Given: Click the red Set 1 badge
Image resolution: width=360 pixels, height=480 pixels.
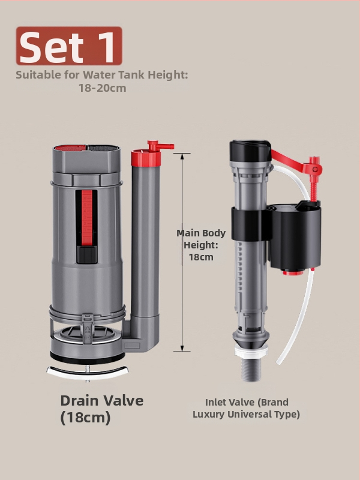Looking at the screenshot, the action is click(x=69, y=46).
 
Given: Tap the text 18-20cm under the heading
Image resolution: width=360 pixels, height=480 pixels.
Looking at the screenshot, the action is click(x=103, y=88).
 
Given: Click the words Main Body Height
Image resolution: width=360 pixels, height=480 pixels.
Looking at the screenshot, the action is click(x=201, y=239).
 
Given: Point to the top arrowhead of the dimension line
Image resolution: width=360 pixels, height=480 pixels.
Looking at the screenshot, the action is click(x=182, y=156).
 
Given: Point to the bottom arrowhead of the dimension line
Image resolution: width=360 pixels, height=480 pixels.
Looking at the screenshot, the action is click(x=182, y=349).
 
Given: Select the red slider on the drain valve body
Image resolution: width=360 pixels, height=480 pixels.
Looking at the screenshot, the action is click(x=86, y=218).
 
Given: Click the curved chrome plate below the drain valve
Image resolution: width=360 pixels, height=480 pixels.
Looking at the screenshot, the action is click(x=88, y=371).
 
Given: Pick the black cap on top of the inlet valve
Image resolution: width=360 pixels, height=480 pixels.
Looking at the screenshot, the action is click(x=250, y=151).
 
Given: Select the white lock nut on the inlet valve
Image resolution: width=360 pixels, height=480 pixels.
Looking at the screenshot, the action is click(x=251, y=351).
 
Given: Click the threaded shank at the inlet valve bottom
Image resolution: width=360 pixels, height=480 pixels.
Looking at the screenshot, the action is click(x=251, y=370).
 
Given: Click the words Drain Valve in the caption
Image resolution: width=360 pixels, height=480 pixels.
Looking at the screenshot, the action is click(x=102, y=401).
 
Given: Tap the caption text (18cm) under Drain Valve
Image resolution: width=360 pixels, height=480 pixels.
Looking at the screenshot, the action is click(x=85, y=418).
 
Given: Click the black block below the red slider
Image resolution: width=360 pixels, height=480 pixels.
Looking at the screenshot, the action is click(x=86, y=254).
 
